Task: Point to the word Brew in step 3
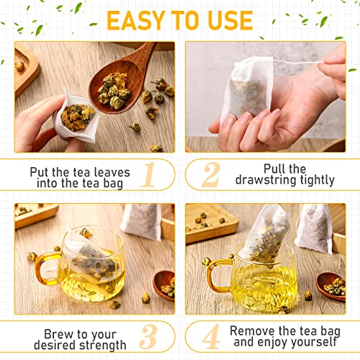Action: (x=58, y=333)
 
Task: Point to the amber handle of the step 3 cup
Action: (x=45, y=268)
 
